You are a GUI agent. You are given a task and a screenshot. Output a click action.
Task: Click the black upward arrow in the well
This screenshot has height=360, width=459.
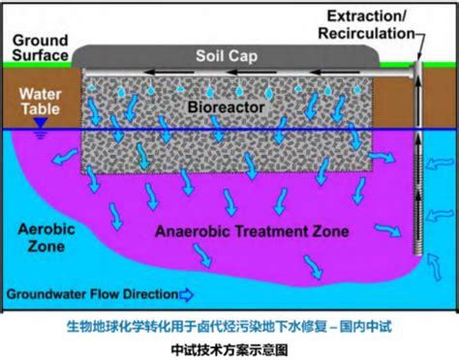(x=419, y=169)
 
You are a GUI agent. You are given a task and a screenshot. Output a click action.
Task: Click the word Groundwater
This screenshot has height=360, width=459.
(x=49, y=293)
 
